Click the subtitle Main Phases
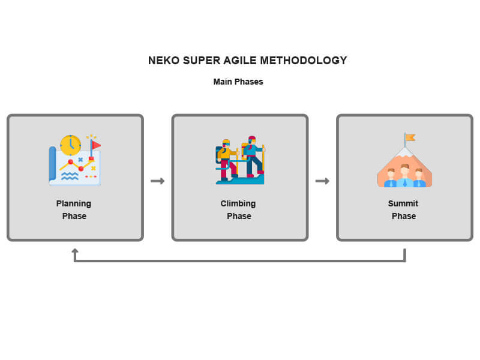click(238, 82)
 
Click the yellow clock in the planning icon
click(70, 145)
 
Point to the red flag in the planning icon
click(95, 145)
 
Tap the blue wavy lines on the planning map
click(69, 176)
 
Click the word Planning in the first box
click(74, 203)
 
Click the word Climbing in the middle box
click(238, 203)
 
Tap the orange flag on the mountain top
click(409, 138)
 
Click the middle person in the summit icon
click(404, 175)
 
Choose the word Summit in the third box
click(403, 203)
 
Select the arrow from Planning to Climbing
click(157, 181)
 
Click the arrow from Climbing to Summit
click(322, 181)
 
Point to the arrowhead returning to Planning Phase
click(75, 251)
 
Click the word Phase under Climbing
click(239, 216)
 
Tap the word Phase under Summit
click(404, 216)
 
